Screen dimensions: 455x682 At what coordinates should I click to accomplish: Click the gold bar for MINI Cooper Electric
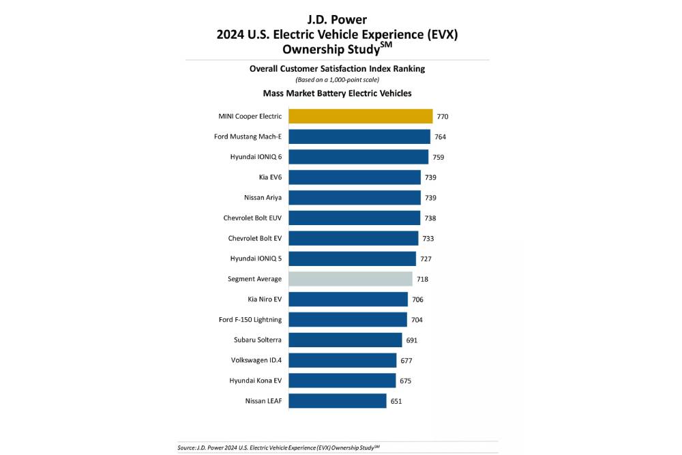[360, 116]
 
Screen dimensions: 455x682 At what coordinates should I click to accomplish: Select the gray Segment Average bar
[350, 279]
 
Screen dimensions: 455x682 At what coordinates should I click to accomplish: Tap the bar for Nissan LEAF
[337, 401]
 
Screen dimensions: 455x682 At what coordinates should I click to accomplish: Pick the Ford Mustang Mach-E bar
[359, 136]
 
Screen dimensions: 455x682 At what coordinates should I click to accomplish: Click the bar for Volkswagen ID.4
[342, 360]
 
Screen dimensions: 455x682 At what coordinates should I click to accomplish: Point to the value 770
[443, 117]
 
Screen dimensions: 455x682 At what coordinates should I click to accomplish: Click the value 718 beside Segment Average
[423, 280]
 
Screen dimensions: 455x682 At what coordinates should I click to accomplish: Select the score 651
[396, 402]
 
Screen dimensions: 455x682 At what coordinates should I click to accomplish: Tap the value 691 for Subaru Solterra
[411, 340]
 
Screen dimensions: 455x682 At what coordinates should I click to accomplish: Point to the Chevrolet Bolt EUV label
[252, 218]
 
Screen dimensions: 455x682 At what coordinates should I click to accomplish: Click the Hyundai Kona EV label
[256, 381]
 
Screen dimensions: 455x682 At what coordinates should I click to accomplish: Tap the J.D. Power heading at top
[338, 20]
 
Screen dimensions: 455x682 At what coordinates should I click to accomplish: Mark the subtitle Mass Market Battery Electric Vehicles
[337, 93]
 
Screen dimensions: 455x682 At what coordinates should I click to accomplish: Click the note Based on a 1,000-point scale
[337, 80]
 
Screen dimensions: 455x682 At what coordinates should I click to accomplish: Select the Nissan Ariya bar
[354, 198]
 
